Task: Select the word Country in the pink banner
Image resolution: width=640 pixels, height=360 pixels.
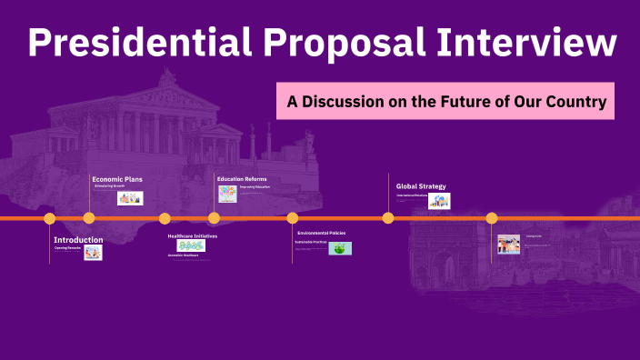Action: pos(575,101)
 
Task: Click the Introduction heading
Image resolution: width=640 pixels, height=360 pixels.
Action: pos(78,240)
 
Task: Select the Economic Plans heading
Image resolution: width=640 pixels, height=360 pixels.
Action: pos(117,179)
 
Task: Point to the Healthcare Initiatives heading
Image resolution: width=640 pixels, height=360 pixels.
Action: pos(192,236)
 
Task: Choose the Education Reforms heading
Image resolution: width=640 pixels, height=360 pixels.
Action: pos(242,179)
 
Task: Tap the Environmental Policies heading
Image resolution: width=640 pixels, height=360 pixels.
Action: pos(321,234)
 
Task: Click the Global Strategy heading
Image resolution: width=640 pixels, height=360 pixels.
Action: pos(421,186)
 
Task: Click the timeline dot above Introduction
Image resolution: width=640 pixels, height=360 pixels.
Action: pos(50,218)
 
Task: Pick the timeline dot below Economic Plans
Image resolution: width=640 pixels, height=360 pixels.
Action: pos(89,218)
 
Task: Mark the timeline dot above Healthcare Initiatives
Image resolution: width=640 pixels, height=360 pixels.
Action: pos(165,218)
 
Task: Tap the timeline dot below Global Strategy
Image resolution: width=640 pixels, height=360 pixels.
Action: pos(388,218)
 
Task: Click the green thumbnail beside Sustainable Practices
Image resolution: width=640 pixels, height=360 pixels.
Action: pos(340,248)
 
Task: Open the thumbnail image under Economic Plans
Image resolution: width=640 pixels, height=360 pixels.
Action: pos(130,198)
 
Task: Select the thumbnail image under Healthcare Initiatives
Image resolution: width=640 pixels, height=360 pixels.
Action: pos(191,245)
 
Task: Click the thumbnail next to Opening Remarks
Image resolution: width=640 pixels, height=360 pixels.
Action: pos(93,253)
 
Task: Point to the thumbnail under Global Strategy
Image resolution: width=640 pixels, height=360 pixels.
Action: pos(439,201)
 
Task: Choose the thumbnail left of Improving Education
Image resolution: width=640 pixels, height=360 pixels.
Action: pos(226,193)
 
